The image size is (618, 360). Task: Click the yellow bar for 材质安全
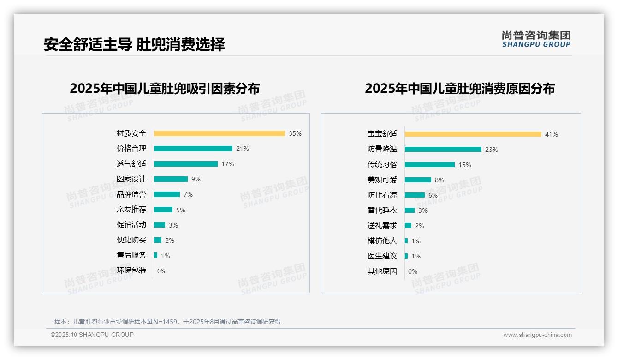[x=219, y=133]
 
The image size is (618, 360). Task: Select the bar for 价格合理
[x=193, y=149]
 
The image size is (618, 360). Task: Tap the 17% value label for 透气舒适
[x=228, y=164]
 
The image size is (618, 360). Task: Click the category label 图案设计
[x=131, y=179]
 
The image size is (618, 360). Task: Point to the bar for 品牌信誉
[x=166, y=194]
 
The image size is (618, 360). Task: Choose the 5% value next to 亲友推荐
[x=180, y=210]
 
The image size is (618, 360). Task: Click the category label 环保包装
[x=131, y=270]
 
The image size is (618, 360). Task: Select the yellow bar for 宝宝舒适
[x=473, y=134]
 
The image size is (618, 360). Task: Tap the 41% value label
[x=551, y=134]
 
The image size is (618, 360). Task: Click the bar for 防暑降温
[x=443, y=150]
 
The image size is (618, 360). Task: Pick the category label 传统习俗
[x=382, y=165]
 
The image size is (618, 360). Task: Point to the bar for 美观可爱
[x=418, y=180]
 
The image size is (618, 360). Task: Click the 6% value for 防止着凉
[x=433, y=195]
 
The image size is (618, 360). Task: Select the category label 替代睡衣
[x=382, y=210]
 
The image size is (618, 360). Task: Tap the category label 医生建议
[x=382, y=256]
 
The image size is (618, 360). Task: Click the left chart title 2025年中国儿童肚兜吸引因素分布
[x=165, y=89]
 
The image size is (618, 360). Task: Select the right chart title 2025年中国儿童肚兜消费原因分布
[x=459, y=89]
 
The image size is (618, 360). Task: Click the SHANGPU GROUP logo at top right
[x=536, y=39]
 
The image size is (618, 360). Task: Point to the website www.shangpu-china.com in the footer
[x=537, y=335]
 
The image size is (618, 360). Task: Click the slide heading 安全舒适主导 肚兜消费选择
[x=134, y=45]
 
